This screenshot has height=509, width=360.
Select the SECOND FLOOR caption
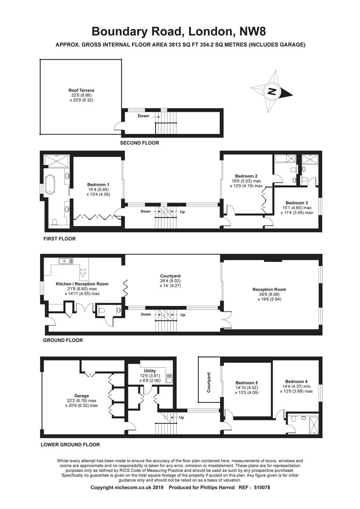139,143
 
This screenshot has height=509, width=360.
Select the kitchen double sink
66,261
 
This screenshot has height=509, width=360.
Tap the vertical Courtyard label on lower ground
209,382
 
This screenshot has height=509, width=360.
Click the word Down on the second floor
143,116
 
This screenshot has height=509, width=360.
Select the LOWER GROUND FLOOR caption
70,445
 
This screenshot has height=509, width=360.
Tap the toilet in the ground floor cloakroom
102,311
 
